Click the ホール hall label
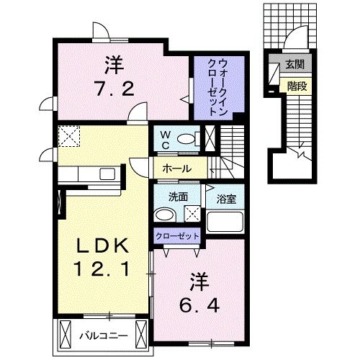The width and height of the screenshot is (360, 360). (x=176, y=168)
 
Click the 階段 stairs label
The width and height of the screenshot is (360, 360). (x=296, y=84)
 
